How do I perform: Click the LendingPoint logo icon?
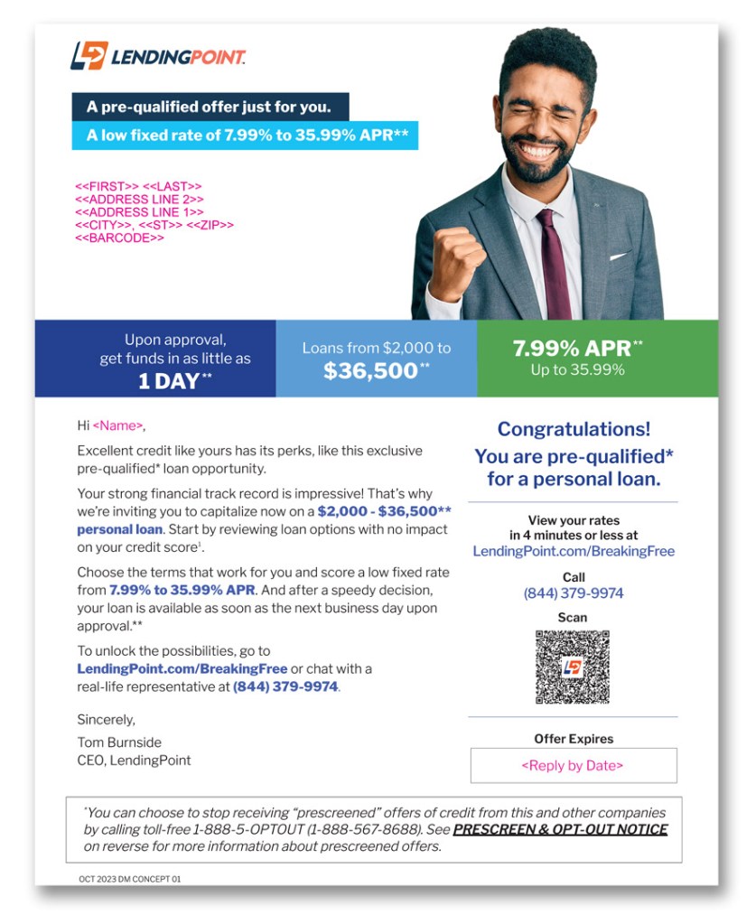pos(89,56)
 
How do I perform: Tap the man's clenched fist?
pos(456,263)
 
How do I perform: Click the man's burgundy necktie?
pos(554,262)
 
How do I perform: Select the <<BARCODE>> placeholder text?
pos(119,238)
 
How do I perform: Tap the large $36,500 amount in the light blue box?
pos(371,371)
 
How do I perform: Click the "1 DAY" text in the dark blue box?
pos(169,381)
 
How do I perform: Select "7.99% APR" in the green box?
pos(570,348)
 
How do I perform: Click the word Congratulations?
pos(574,430)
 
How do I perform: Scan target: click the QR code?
pos(573,667)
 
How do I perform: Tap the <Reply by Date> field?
pos(573,766)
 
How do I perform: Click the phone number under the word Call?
pos(573,593)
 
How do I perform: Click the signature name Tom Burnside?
pos(119,742)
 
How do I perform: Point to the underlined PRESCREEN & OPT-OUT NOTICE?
pos(560,829)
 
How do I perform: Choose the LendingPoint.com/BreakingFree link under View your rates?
pos(573,551)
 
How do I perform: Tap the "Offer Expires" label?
pos(573,739)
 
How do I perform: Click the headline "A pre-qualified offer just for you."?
pos(209,107)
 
